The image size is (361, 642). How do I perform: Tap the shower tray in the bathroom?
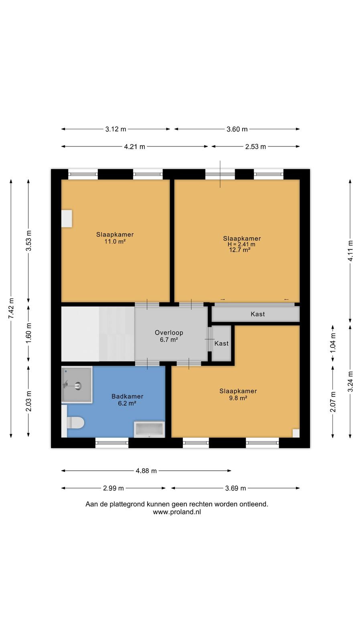click(77, 385)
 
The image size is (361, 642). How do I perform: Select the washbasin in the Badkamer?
click(149, 429)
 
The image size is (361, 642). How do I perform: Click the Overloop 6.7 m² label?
click(169, 336)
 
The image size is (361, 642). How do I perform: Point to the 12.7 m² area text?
click(240, 250)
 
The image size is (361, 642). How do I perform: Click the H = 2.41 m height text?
click(241, 244)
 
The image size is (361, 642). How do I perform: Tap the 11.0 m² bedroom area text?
click(115, 242)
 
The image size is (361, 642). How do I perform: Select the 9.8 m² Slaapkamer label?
click(238, 394)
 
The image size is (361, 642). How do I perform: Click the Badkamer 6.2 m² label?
click(127, 400)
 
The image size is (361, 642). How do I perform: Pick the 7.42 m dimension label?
click(11, 308)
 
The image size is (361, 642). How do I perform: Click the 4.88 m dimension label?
click(146, 471)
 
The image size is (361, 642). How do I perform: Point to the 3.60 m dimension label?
click(237, 129)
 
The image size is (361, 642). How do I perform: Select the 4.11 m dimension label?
click(350, 250)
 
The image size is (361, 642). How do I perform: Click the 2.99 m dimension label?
click(114, 488)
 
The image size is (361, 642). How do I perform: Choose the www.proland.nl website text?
click(177, 512)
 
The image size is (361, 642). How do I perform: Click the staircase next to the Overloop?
click(98, 334)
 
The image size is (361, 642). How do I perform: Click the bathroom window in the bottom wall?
click(112, 443)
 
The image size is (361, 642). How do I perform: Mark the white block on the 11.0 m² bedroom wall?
click(67, 219)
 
